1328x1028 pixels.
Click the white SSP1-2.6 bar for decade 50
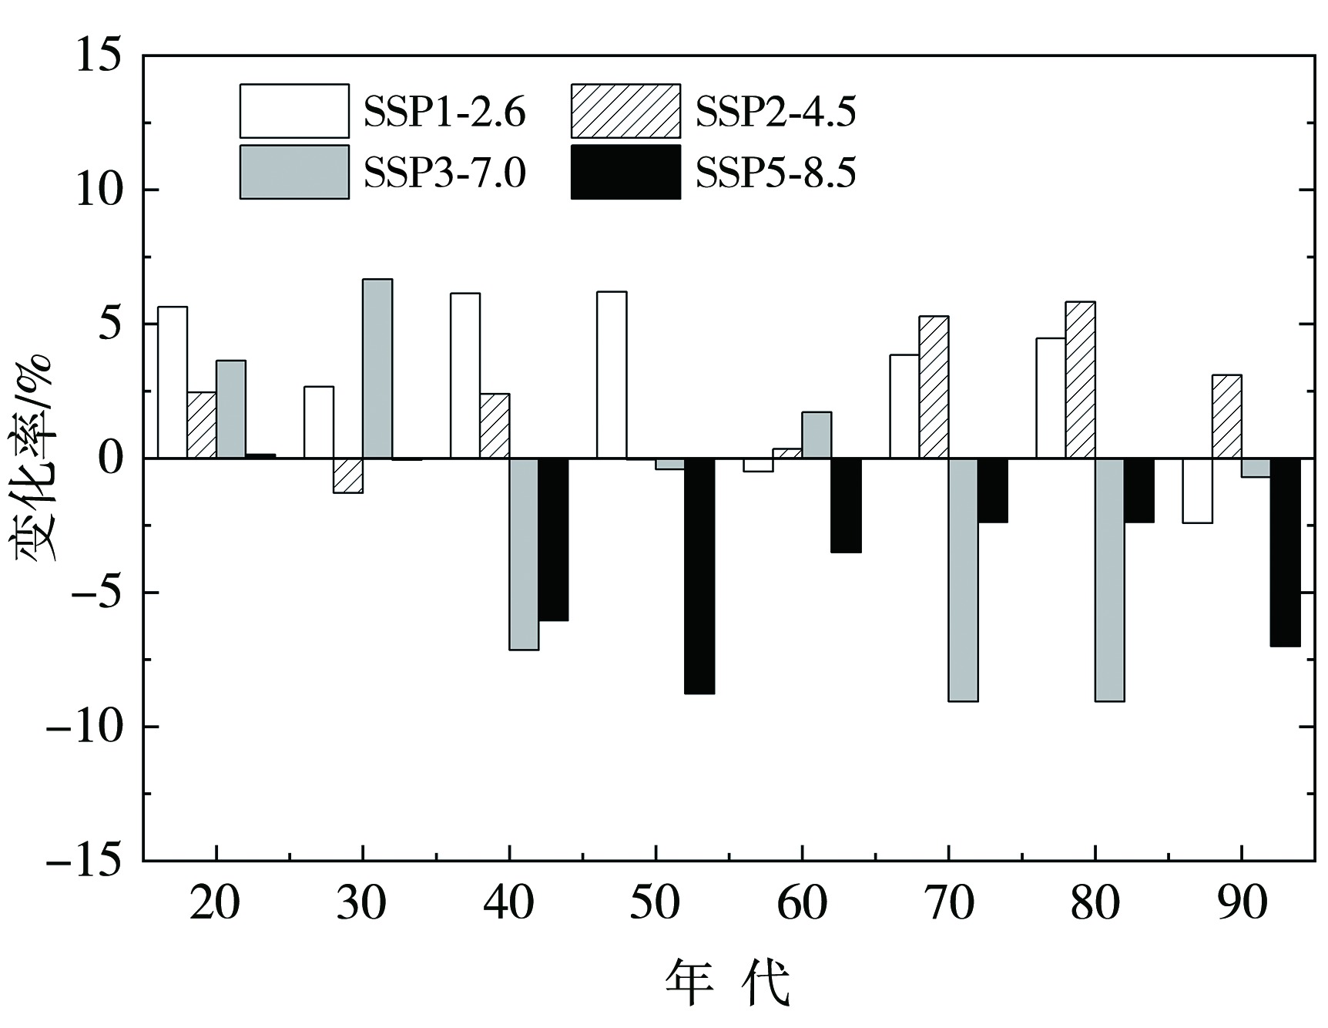pyautogui.click(x=612, y=375)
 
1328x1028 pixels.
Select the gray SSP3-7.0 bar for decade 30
pyautogui.click(x=377, y=369)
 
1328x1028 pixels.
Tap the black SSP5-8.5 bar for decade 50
pyautogui.click(x=699, y=576)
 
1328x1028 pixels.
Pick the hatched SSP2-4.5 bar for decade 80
pyautogui.click(x=1080, y=380)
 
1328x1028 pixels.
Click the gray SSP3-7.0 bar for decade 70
pyautogui.click(x=963, y=580)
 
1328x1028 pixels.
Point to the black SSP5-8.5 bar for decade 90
pyautogui.click(x=1285, y=552)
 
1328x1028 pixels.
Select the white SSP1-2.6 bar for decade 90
pyautogui.click(x=1197, y=490)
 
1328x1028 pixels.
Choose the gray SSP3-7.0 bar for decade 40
pyautogui.click(x=524, y=554)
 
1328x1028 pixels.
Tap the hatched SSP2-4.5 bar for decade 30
pyautogui.click(x=348, y=475)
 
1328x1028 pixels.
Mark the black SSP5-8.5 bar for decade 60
pyautogui.click(x=846, y=505)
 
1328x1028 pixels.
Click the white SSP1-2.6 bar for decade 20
pyautogui.click(x=173, y=382)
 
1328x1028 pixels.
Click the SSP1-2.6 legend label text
pyautogui.click(x=444, y=113)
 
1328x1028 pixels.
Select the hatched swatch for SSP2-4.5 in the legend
pyautogui.click(x=625, y=111)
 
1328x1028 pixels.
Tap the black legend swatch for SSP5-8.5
pyautogui.click(x=625, y=172)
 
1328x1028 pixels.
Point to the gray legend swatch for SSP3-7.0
pyautogui.click(x=294, y=172)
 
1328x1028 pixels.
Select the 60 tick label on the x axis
pyautogui.click(x=801, y=903)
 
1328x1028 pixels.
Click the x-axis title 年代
pyautogui.click(x=728, y=983)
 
